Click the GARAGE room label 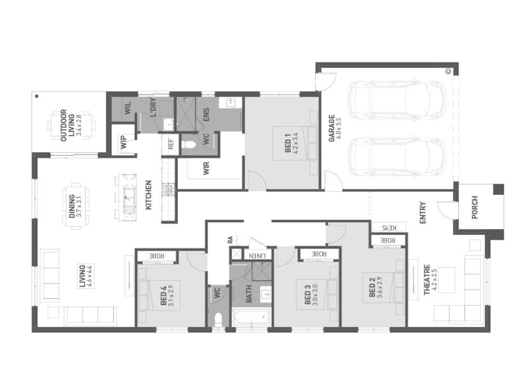[x=331, y=128]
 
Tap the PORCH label [x=475, y=207]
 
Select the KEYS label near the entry [x=389, y=228]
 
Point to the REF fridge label [x=171, y=144]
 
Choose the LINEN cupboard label [x=257, y=256]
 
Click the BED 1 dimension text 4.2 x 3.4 [x=295, y=143]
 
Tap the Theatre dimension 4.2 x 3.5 [x=434, y=280]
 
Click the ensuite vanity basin [x=230, y=102]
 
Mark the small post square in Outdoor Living [x=37, y=96]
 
